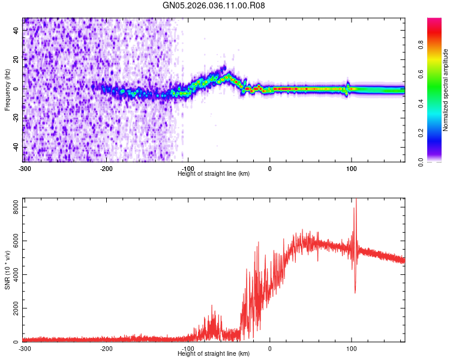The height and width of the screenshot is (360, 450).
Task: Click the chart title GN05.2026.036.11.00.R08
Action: click(x=214, y=5)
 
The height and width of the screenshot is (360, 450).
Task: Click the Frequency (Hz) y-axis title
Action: click(x=7, y=90)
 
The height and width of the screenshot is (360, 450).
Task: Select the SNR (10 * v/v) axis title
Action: click(x=7, y=269)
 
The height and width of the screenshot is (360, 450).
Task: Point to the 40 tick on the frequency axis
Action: click(x=16, y=29)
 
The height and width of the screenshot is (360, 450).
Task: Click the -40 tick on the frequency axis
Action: click(x=15, y=148)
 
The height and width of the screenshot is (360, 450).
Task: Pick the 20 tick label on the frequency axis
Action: click(x=16, y=59)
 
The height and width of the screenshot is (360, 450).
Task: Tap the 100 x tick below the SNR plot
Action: click(x=351, y=349)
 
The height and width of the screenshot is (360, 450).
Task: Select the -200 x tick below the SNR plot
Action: click(x=106, y=349)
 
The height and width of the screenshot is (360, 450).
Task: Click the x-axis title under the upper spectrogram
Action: click(x=214, y=174)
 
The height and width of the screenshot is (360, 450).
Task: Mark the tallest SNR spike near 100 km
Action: click(x=356, y=201)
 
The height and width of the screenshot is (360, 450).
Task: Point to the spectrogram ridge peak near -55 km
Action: click(x=225, y=76)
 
